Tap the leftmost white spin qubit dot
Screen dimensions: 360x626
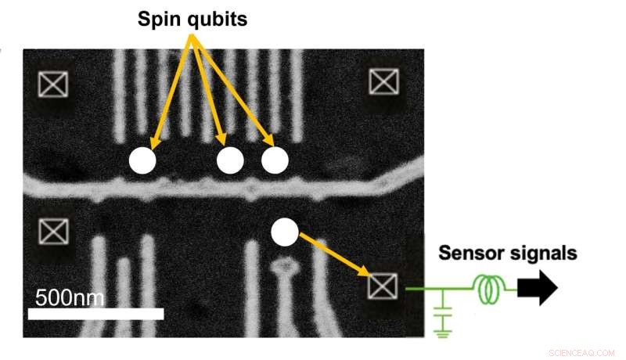pyautogui.click(x=142, y=160)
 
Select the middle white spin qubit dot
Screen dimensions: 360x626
pyautogui.click(x=230, y=160)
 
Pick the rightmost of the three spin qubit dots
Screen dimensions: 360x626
pyautogui.click(x=275, y=160)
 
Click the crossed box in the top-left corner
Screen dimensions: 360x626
pyautogui.click(x=53, y=84)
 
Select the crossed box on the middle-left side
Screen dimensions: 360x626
pyautogui.click(x=53, y=232)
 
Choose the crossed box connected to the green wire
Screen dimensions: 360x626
pyautogui.click(x=383, y=287)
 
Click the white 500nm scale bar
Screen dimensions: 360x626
pyautogui.click(x=95, y=314)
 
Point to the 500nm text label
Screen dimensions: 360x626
pyautogui.click(x=70, y=297)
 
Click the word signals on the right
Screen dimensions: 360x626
pyautogui.click(x=541, y=254)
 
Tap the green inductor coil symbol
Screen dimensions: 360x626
pyautogui.click(x=489, y=290)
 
